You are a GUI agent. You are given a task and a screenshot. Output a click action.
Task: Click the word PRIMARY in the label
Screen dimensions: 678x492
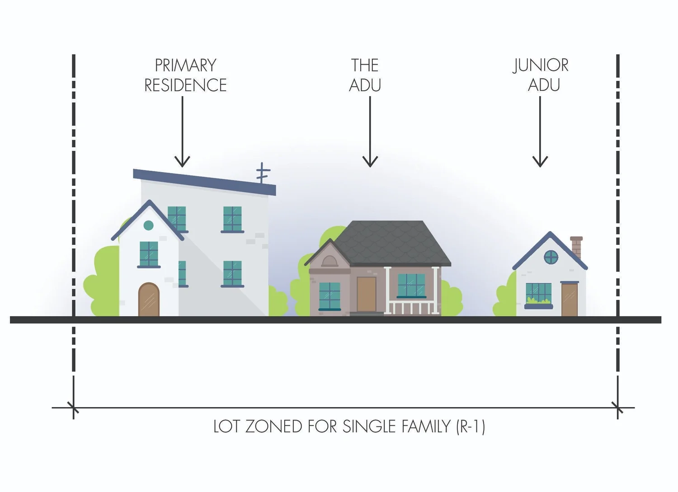click(x=185, y=66)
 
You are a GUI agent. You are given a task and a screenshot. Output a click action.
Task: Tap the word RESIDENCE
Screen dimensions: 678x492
click(x=185, y=85)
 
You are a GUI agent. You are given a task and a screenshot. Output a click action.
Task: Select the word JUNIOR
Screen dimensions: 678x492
click(x=541, y=66)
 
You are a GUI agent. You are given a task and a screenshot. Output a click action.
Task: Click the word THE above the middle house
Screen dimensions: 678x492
click(x=365, y=66)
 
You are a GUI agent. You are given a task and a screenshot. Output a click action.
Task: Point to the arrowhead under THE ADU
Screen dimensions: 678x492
click(x=370, y=161)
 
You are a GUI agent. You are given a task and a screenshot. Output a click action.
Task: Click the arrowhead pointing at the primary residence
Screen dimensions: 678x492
click(x=182, y=161)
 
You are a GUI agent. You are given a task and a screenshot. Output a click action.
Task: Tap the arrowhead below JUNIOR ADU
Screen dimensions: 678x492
click(x=540, y=161)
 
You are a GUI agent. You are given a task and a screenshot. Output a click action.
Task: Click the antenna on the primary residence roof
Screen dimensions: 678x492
click(x=263, y=173)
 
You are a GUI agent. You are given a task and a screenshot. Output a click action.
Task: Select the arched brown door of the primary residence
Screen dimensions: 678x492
click(x=149, y=300)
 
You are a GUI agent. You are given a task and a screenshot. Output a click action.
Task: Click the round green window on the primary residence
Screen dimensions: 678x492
click(x=148, y=225)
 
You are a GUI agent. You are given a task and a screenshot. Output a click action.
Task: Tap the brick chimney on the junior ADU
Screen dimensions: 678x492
click(x=576, y=247)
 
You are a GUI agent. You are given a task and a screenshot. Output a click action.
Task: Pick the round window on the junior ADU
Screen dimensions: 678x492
click(x=551, y=258)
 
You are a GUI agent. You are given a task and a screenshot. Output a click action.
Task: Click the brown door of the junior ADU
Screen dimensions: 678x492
click(x=570, y=299)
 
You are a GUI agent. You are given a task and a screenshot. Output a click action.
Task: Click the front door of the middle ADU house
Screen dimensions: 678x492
click(x=366, y=294)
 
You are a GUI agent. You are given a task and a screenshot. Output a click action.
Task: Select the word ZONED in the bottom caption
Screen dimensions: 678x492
click(x=273, y=426)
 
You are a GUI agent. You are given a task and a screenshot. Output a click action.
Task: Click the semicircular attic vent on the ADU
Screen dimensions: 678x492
click(x=329, y=261)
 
